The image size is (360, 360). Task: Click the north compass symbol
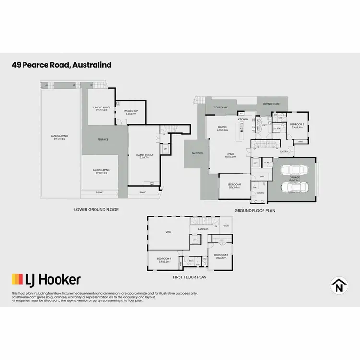click(x=339, y=286)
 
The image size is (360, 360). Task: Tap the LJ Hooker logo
click(x=46, y=279)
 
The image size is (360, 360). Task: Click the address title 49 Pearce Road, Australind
click(x=62, y=65)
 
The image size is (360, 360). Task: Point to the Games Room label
click(x=144, y=155)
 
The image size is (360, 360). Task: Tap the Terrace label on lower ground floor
click(x=103, y=140)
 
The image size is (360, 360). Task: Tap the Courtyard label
click(x=221, y=108)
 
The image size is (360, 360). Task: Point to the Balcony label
click(x=197, y=153)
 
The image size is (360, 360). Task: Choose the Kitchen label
click(x=243, y=119)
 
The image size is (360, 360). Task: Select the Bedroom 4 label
click(x=165, y=259)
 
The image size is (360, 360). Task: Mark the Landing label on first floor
click(x=203, y=229)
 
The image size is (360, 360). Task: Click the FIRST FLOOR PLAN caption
click(x=189, y=277)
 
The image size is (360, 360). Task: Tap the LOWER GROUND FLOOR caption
click(x=96, y=209)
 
